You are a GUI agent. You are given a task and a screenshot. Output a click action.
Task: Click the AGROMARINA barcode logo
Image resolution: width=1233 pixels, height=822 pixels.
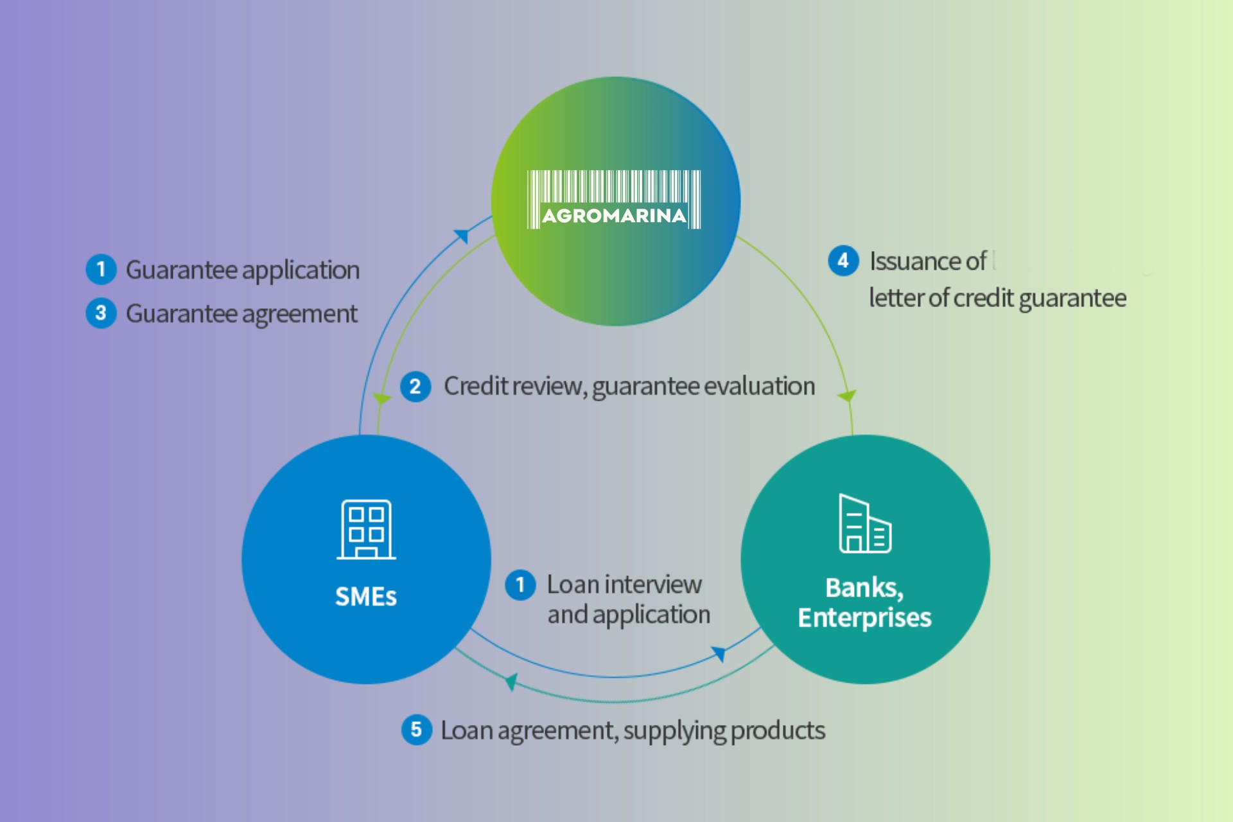point(614,199)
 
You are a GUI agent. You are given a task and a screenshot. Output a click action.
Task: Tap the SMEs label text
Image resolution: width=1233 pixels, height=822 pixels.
point(366,597)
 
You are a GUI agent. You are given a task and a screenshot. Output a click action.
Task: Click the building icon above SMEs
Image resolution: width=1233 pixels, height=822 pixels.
point(366,529)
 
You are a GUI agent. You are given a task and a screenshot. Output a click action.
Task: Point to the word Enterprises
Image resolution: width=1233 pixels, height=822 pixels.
point(864,618)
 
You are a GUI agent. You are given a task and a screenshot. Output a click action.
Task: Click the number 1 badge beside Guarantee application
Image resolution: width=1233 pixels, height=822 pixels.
point(101,269)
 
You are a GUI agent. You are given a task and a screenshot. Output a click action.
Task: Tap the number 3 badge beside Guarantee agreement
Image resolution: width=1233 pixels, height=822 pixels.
point(101,313)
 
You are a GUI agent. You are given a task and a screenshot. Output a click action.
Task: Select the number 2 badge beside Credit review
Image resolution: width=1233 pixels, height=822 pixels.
point(415,387)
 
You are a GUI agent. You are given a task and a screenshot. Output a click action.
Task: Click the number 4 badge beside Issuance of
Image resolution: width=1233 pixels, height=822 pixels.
point(843,261)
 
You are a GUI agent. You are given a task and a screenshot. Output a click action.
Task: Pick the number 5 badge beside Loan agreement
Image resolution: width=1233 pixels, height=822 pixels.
point(416,730)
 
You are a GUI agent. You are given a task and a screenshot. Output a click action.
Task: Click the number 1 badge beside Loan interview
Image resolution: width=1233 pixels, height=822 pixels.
point(520,585)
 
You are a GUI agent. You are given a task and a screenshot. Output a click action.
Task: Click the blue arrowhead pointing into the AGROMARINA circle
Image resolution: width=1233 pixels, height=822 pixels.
point(462,236)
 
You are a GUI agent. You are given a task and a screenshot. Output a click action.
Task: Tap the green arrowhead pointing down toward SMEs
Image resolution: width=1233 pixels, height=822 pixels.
point(382,399)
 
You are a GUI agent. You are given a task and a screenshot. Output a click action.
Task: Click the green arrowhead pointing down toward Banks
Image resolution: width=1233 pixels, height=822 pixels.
point(848,396)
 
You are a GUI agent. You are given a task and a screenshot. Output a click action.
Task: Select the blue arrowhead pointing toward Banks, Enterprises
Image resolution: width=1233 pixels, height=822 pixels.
point(719,654)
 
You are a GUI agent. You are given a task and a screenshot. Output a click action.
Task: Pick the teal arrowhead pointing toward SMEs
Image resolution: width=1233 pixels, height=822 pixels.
point(511,681)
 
